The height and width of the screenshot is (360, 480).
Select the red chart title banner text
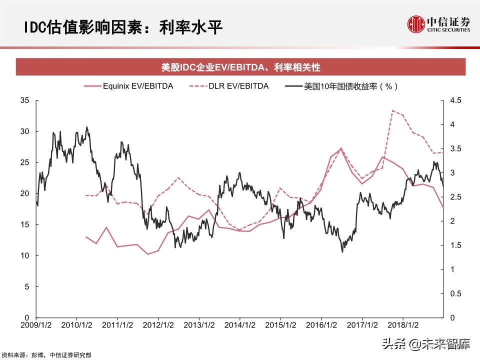240,66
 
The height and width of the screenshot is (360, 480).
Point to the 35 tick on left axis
25,100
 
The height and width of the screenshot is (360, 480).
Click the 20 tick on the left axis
25,193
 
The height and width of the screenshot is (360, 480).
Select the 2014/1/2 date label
240,325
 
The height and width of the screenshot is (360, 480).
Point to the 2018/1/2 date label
403,325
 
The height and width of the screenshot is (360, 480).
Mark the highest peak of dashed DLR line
392,110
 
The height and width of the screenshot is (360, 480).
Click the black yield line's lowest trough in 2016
342,251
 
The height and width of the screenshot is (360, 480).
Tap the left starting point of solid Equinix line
86,237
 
